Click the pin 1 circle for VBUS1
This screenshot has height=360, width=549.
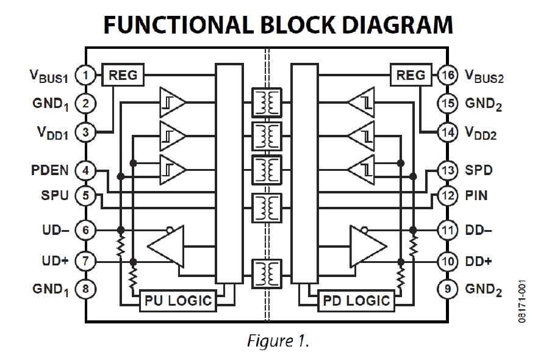(x=86, y=76)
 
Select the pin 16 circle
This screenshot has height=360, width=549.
(x=447, y=76)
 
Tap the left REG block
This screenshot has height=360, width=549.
(x=123, y=75)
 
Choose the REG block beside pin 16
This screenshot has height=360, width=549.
(x=411, y=75)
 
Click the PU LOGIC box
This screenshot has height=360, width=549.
(x=178, y=300)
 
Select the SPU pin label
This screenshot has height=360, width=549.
(x=54, y=196)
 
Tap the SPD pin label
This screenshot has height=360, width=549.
(x=479, y=170)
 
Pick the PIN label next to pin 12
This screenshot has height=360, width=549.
(x=476, y=196)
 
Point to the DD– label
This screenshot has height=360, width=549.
(x=479, y=230)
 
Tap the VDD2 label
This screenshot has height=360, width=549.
(x=481, y=132)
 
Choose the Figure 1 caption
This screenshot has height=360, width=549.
(x=278, y=341)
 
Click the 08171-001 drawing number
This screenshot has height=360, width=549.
(x=522, y=303)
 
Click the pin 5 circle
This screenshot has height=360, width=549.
(x=86, y=196)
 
